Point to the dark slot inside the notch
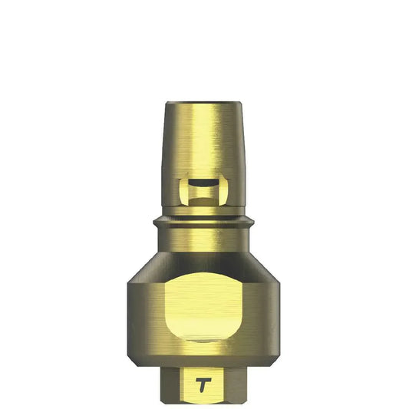coord(203,184)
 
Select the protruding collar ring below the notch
coord(204,223)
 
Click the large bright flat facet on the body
coord(204,307)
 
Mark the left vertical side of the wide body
coord(130,307)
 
